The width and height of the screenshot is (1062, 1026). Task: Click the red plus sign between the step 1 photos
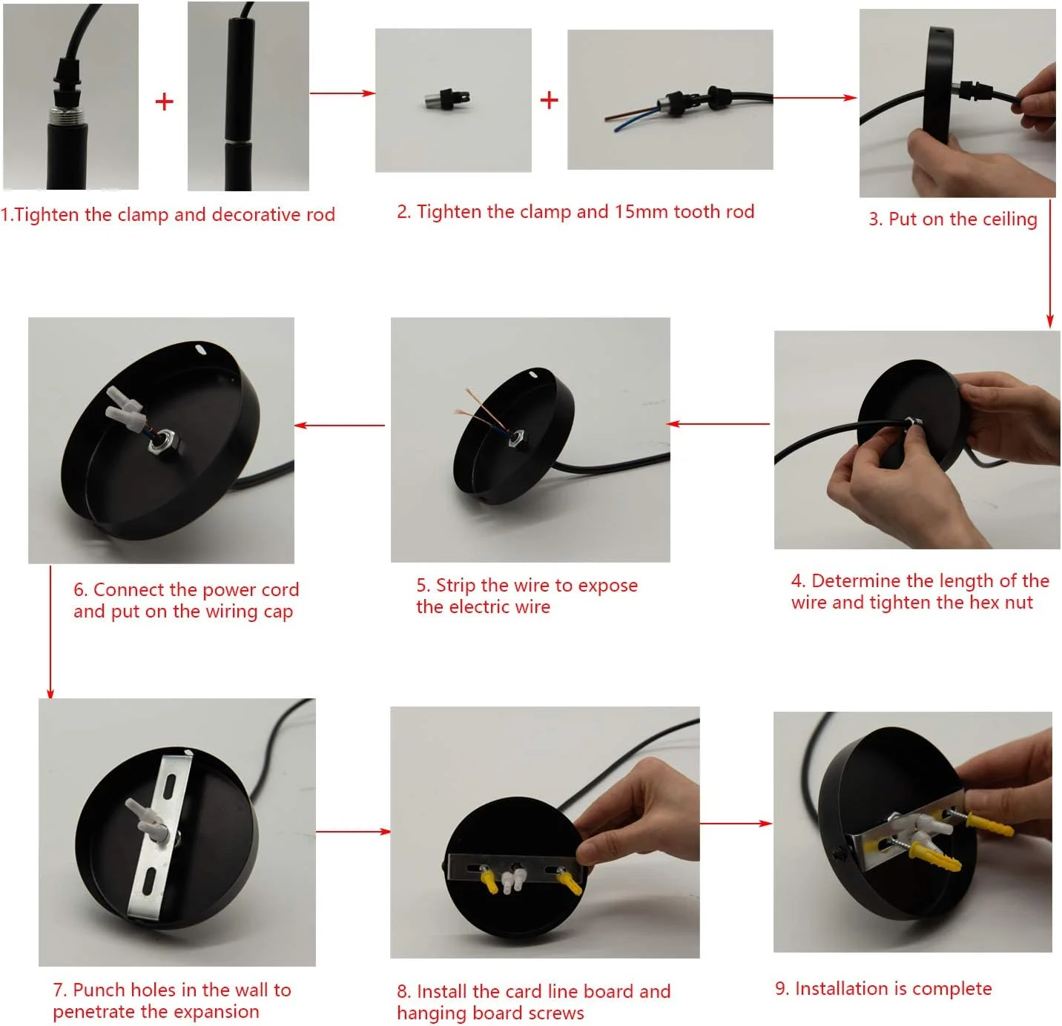164,102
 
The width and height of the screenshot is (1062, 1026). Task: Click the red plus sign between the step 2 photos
549,100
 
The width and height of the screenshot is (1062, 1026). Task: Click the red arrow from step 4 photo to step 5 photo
718,423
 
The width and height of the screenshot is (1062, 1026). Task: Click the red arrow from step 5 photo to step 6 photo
340,425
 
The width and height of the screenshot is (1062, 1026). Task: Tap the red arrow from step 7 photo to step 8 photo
353,831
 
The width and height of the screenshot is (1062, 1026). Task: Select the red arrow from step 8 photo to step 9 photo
736,823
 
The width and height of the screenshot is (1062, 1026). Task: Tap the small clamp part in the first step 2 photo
446,98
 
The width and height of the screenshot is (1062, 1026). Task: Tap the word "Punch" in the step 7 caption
99,990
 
